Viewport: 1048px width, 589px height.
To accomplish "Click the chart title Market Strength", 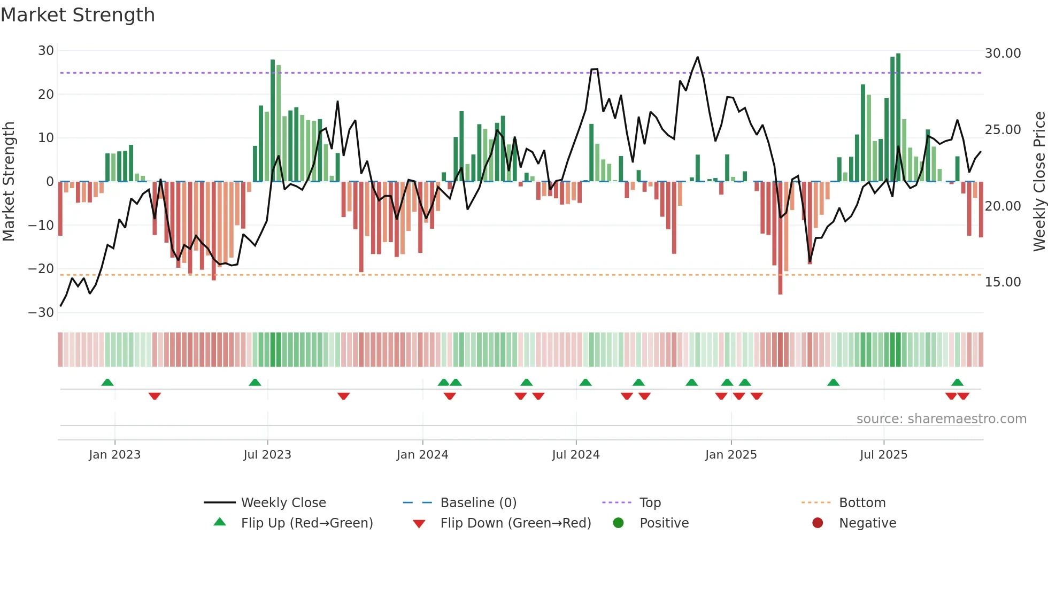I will [x=78, y=15].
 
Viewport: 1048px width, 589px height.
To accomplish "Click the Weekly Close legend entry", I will [x=283, y=502].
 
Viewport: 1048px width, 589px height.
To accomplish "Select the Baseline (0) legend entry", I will [x=478, y=502].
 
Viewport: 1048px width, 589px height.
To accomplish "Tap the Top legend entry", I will [x=650, y=502].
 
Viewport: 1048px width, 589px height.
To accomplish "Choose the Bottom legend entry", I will [x=862, y=502].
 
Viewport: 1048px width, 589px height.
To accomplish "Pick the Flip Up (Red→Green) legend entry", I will [x=306, y=523].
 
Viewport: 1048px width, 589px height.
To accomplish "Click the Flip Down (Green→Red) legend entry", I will [x=515, y=523].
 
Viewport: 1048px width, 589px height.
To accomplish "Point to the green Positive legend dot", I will [x=618, y=523].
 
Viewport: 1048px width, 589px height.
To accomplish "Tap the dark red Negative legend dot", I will [x=818, y=523].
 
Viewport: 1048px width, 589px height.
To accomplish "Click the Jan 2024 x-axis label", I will [x=422, y=454].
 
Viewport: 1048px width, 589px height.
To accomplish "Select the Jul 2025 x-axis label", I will [x=883, y=454].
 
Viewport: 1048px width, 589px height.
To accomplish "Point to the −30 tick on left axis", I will [x=42, y=312].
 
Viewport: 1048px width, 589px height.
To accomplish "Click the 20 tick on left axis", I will [x=46, y=95].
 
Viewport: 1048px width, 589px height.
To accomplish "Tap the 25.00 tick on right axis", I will [x=1003, y=130].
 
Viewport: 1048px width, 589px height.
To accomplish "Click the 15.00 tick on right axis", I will [x=1003, y=282].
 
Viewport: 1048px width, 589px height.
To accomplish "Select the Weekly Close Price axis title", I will [x=1039, y=181].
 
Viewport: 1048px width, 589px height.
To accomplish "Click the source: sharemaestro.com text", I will [x=941, y=418].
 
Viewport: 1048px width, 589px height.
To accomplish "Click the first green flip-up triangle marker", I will [x=107, y=382].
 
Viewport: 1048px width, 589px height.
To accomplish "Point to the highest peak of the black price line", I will [x=697, y=58].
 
